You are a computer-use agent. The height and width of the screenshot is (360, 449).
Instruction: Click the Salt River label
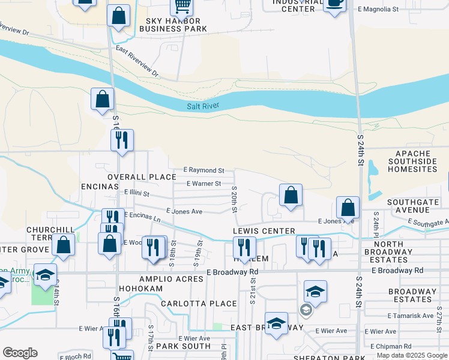pyautogui.click(x=203, y=106)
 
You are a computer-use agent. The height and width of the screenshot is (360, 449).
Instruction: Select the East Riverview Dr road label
pyautogui.click(x=137, y=62)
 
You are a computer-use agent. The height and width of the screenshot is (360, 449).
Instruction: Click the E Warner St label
pyautogui.click(x=204, y=184)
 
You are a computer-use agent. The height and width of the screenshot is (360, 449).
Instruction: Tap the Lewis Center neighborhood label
pyautogui.click(x=264, y=231)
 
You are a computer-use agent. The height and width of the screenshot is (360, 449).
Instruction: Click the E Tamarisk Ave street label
pyautogui.click(x=411, y=316)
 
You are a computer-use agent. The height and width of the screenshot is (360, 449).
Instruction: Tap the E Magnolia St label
pyautogui.click(x=378, y=10)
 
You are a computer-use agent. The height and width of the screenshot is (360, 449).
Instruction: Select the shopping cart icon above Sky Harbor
pyautogui.click(x=181, y=7)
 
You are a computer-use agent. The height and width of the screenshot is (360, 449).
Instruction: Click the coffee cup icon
pyautogui.click(x=335, y=4)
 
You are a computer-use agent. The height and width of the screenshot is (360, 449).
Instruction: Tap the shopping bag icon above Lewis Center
pyautogui.click(x=291, y=196)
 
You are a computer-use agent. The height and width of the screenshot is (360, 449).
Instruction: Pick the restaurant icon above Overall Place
pyautogui.click(x=122, y=140)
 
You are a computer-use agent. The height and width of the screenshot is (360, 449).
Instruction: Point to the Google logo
pyautogui.click(x=20, y=353)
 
